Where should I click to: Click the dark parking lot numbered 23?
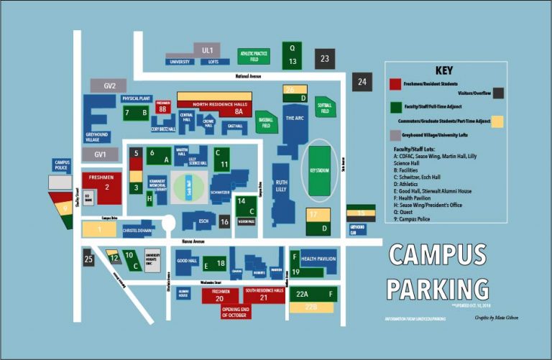[x=325, y=59]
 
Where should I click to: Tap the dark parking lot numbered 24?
[x=362, y=82]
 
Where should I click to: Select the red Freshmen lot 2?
[x=106, y=188]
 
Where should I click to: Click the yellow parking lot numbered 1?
[x=101, y=229]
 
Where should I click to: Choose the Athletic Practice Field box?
[x=254, y=57]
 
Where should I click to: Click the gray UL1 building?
[x=208, y=50]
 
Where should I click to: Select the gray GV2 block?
[x=109, y=86]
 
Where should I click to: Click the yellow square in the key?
[x=497, y=121]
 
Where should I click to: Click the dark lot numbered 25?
[x=88, y=259]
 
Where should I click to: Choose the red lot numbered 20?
[x=221, y=297]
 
